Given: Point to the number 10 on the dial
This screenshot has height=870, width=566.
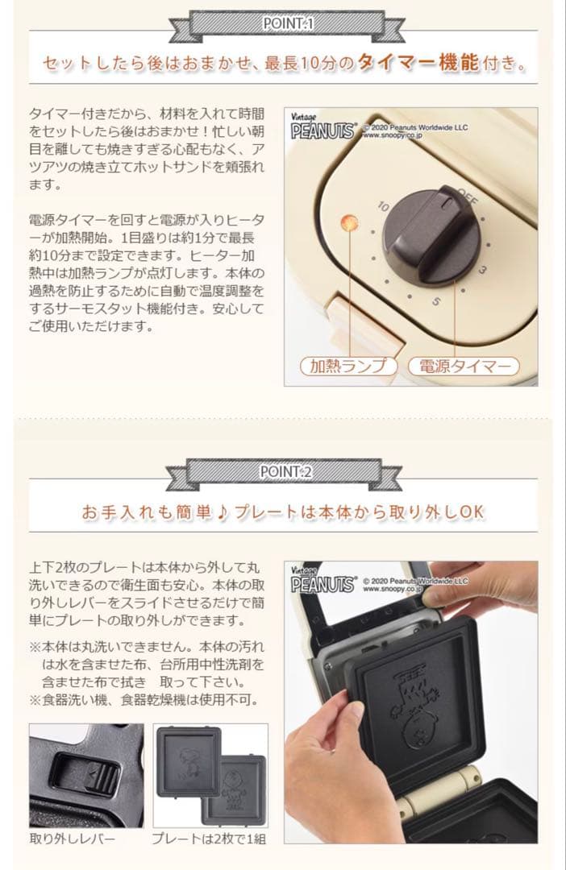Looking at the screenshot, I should tap(384, 207).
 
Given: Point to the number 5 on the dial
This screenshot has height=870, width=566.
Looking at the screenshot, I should tap(435, 302).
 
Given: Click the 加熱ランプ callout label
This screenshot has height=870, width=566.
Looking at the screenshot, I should tap(349, 366).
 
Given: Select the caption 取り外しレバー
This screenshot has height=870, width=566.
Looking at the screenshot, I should tap(73, 838).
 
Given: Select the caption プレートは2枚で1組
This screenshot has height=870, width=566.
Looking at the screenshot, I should tap(210, 838).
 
